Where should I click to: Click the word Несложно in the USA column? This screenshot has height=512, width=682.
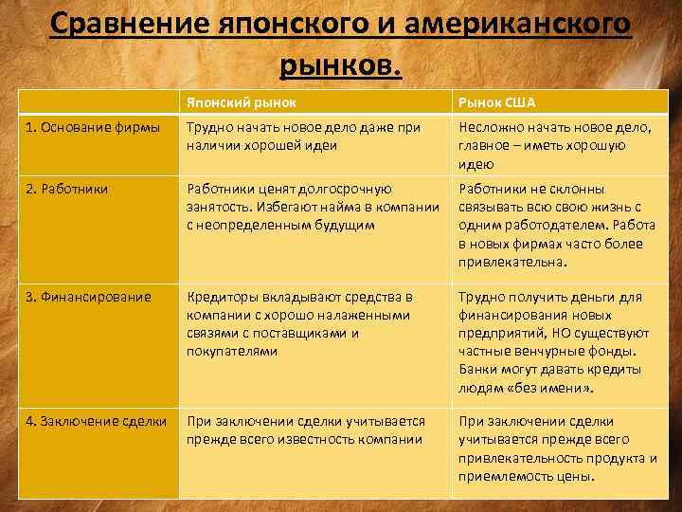490,128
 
